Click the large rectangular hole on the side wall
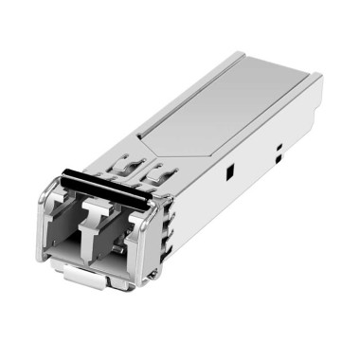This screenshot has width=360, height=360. pyautogui.click(x=229, y=173)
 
